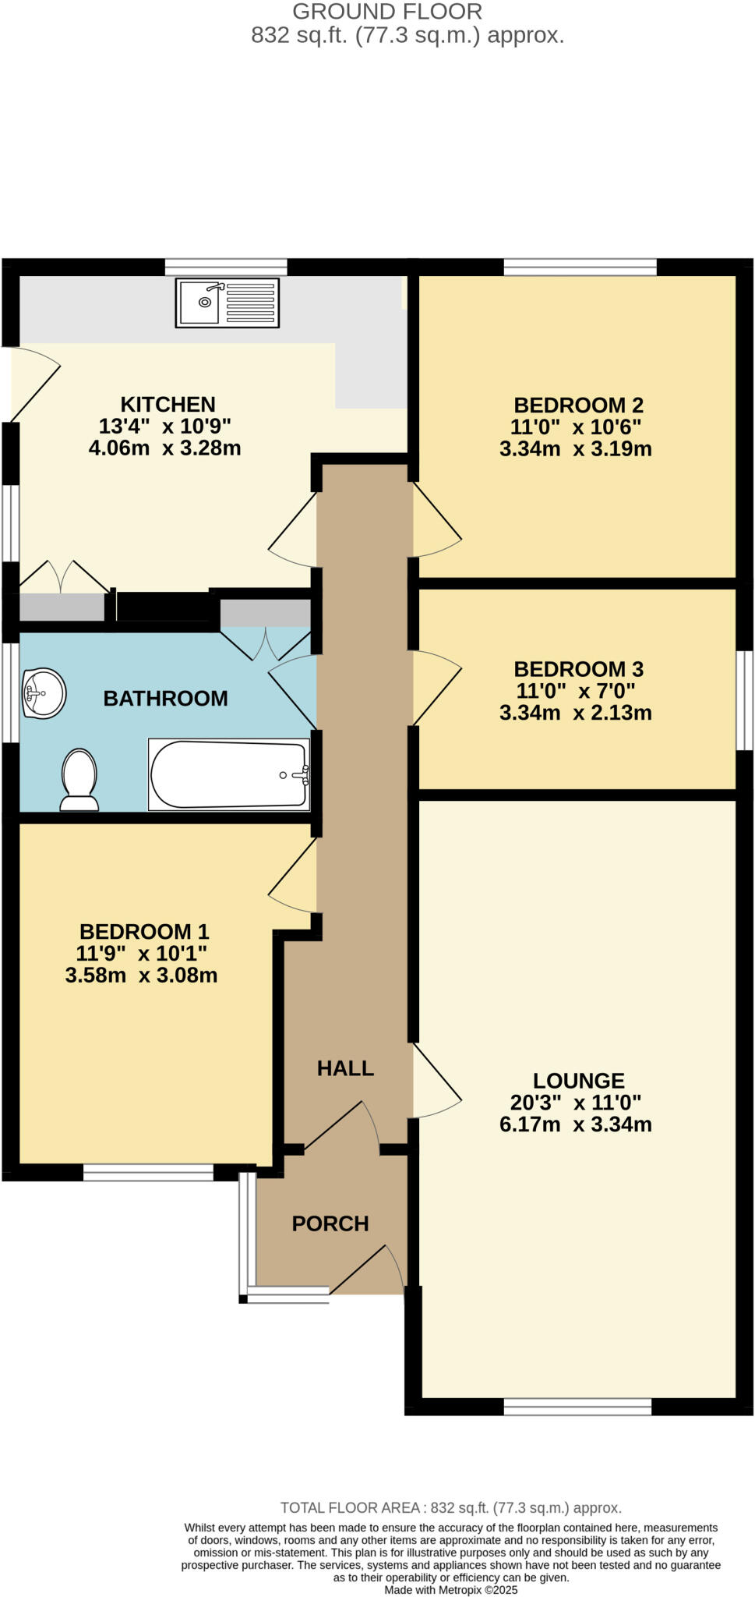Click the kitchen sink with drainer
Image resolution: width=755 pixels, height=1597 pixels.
pos(227,303)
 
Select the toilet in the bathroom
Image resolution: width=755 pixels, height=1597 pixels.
pos(79,780)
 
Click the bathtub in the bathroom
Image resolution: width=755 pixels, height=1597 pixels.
pos(229,774)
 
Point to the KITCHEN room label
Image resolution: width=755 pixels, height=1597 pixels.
pos(168,405)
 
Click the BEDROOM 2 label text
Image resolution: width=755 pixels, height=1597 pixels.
pos(578,405)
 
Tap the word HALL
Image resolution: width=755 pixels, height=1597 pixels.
pos(345,1068)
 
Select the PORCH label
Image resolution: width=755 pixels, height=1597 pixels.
pos(330,1223)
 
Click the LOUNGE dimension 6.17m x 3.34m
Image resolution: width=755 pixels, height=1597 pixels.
pos(576,1124)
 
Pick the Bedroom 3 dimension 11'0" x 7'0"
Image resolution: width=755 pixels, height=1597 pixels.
pos(576,691)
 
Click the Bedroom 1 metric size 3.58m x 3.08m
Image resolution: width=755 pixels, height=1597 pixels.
pos(141,976)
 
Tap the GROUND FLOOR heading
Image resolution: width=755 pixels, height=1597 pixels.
pos(387,12)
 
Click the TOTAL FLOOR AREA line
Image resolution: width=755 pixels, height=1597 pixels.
pos(450,1508)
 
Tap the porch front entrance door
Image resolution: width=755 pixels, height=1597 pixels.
pos(366,1271)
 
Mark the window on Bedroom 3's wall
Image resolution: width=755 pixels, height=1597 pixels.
pos(745,700)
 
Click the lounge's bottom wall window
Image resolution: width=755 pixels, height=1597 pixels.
pos(577,1407)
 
